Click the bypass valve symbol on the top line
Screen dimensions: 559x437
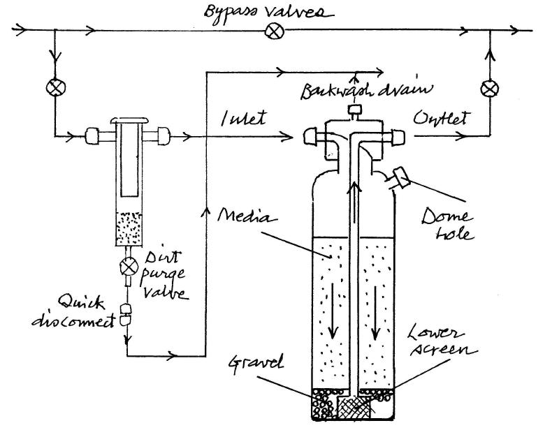tap(275, 31)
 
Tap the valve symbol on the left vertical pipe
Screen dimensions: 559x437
tap(56, 87)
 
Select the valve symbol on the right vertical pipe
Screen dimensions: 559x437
tap(490, 89)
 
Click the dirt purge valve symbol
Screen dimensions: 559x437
tap(129, 267)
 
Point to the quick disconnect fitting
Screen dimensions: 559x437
tap(126, 315)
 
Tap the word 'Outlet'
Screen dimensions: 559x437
tap(441, 117)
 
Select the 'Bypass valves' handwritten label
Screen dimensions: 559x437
tap(269, 13)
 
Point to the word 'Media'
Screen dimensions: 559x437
tap(247, 215)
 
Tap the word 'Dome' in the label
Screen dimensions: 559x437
tap(447, 216)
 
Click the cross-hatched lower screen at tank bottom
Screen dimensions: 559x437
tap(354, 406)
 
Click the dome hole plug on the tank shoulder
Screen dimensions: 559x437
tap(400, 177)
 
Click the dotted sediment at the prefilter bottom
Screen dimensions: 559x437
tap(129, 229)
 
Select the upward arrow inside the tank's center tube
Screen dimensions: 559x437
tap(354, 204)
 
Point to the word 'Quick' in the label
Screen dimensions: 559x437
tap(82, 302)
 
